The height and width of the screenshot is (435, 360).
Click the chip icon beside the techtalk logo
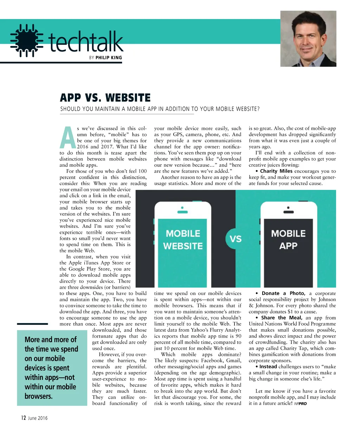point(27,40)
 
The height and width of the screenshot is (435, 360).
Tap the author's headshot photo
point(308,39)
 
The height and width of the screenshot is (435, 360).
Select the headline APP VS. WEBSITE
point(105,97)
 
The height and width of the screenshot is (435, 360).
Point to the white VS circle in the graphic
point(236,239)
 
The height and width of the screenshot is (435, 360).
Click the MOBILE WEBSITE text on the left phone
point(183,240)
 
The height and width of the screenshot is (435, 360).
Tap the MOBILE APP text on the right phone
point(288,240)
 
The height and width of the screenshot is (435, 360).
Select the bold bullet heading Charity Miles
point(276,171)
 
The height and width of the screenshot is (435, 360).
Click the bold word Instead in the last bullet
point(268,366)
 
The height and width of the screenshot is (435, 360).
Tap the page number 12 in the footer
point(23,418)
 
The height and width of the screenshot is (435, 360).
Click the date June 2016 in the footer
point(38,418)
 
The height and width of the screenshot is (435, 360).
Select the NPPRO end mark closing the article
point(301,404)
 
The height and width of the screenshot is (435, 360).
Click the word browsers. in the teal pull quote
point(39,396)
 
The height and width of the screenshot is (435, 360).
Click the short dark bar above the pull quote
point(32,324)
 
